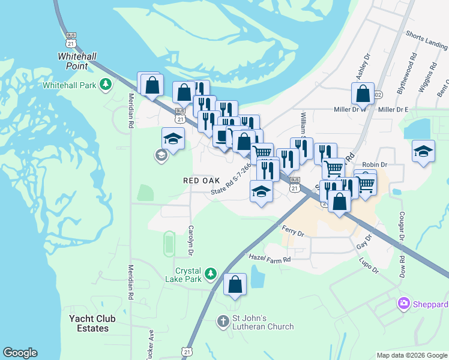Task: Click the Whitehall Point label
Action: [77, 61]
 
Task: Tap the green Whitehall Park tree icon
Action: [106, 85]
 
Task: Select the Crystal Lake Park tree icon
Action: [210, 274]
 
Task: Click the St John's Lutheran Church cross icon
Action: [223, 321]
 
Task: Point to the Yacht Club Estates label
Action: [93, 323]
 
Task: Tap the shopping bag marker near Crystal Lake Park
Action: [235, 284]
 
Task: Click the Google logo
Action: [20, 353]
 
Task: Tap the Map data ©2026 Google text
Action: [411, 355]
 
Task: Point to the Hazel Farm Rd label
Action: [270, 259]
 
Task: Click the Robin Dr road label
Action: [375, 164]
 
